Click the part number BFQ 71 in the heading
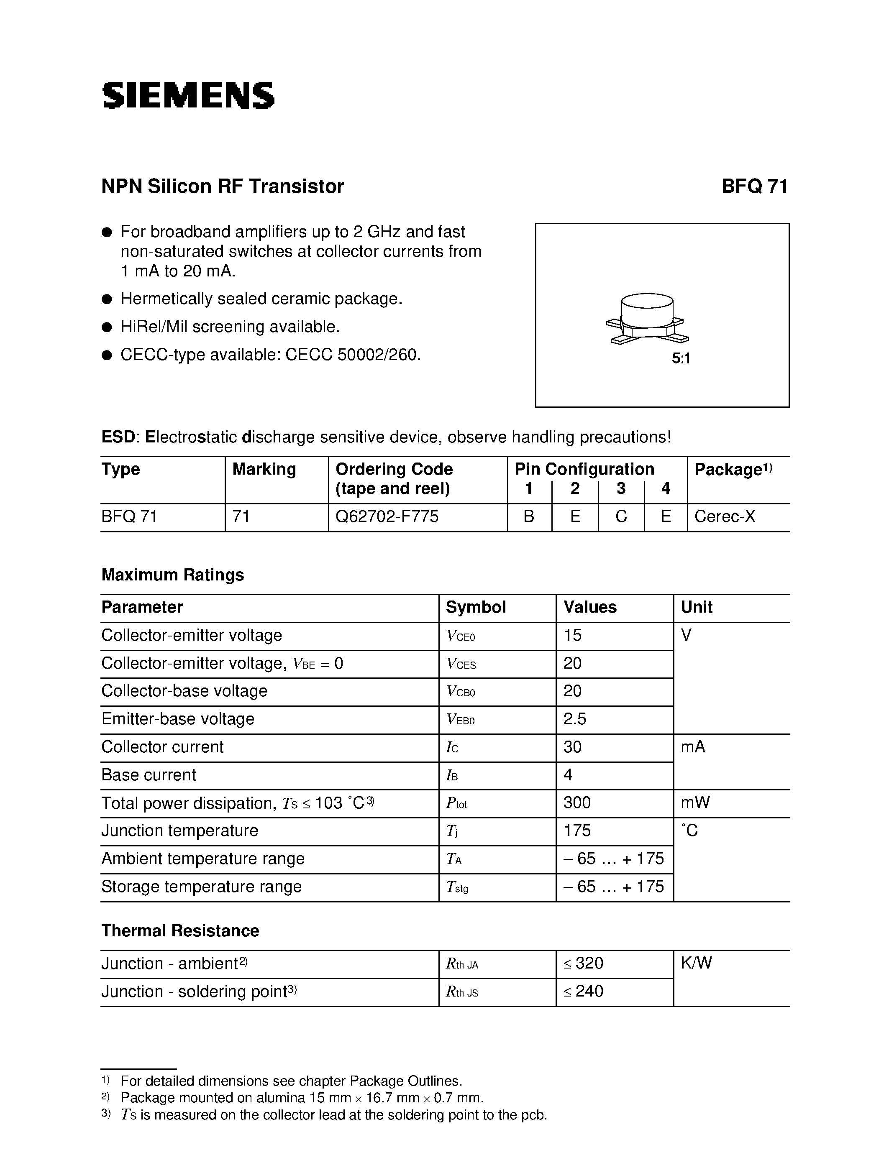click(x=754, y=187)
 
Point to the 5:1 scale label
click(x=680, y=358)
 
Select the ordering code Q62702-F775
click(x=387, y=516)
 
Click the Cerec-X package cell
click(x=725, y=516)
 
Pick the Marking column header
click(x=264, y=469)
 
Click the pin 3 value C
click(x=621, y=516)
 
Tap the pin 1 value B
click(x=529, y=516)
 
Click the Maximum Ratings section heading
click(x=172, y=575)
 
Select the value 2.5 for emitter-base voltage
click(x=574, y=719)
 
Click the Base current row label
click(x=149, y=774)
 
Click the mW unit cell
click(x=695, y=802)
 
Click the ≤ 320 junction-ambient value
click(x=583, y=963)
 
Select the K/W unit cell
click(x=696, y=963)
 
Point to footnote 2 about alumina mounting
click(x=301, y=1098)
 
